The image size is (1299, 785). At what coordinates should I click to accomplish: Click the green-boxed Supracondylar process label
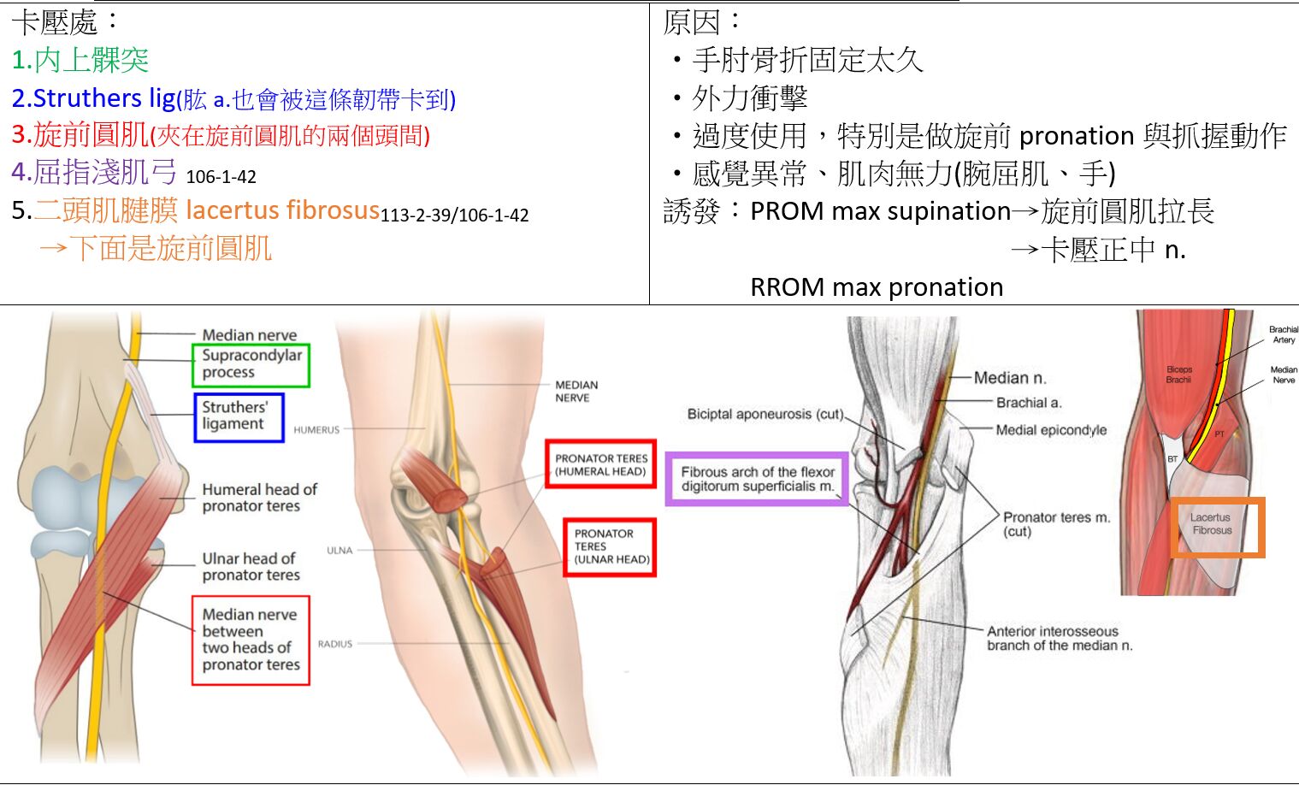point(251,364)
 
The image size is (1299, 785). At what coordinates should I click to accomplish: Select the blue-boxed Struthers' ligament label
point(239,416)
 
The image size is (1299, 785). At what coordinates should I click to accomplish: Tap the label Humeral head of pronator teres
point(258,498)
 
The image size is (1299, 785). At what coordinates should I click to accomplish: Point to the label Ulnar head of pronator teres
point(250,566)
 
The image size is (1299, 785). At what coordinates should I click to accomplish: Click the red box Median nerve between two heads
point(251,640)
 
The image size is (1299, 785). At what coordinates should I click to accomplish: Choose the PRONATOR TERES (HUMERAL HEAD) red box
point(600,464)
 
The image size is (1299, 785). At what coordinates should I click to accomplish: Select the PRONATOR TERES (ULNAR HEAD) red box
point(610,546)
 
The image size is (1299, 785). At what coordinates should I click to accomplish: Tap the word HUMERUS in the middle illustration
point(316,430)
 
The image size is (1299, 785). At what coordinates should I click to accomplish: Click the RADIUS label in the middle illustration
point(334,644)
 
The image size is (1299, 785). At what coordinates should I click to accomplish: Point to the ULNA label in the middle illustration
point(340,551)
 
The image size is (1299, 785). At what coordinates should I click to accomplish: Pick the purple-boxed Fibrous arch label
point(757,479)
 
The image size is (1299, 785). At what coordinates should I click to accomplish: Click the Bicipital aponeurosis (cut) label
point(765,414)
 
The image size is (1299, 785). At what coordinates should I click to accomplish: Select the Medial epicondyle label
point(1051,430)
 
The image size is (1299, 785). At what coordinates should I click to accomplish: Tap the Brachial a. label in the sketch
point(1028,403)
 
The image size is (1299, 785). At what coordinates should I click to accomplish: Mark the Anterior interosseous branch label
point(1060,638)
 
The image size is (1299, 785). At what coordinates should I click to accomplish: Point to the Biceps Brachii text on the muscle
point(1178,375)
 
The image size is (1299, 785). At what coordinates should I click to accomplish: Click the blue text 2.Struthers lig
point(93,98)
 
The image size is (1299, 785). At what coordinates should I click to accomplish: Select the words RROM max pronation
point(876,287)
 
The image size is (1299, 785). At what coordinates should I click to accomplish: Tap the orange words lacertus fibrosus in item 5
point(282,210)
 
